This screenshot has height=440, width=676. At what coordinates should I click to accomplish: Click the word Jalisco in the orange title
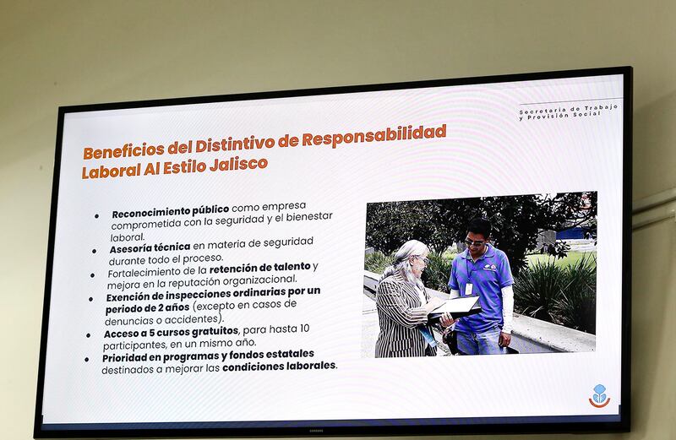tap(238, 164)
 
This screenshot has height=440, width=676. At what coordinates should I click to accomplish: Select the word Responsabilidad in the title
tap(373, 136)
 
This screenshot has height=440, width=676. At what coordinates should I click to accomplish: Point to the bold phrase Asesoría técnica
tap(150, 248)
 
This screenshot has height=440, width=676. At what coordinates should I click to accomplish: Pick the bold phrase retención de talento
tap(260, 269)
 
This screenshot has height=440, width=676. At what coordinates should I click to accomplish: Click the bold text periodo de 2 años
tap(147, 308)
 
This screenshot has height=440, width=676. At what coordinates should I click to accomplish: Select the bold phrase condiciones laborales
tap(279, 367)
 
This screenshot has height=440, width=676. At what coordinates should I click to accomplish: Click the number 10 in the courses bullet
tap(304, 329)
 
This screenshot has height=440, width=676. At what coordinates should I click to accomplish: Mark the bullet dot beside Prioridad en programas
tap(87, 359)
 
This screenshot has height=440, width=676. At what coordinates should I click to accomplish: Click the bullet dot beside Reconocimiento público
tap(96, 216)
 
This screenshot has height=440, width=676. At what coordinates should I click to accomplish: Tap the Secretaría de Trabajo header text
tap(568, 112)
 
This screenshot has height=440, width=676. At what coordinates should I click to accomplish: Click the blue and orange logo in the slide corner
tap(600, 395)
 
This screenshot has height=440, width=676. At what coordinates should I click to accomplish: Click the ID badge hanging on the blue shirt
tap(469, 289)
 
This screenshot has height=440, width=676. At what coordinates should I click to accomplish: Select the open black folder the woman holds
tap(454, 309)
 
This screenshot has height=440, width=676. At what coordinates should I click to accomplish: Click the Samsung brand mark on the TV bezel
tap(315, 430)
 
